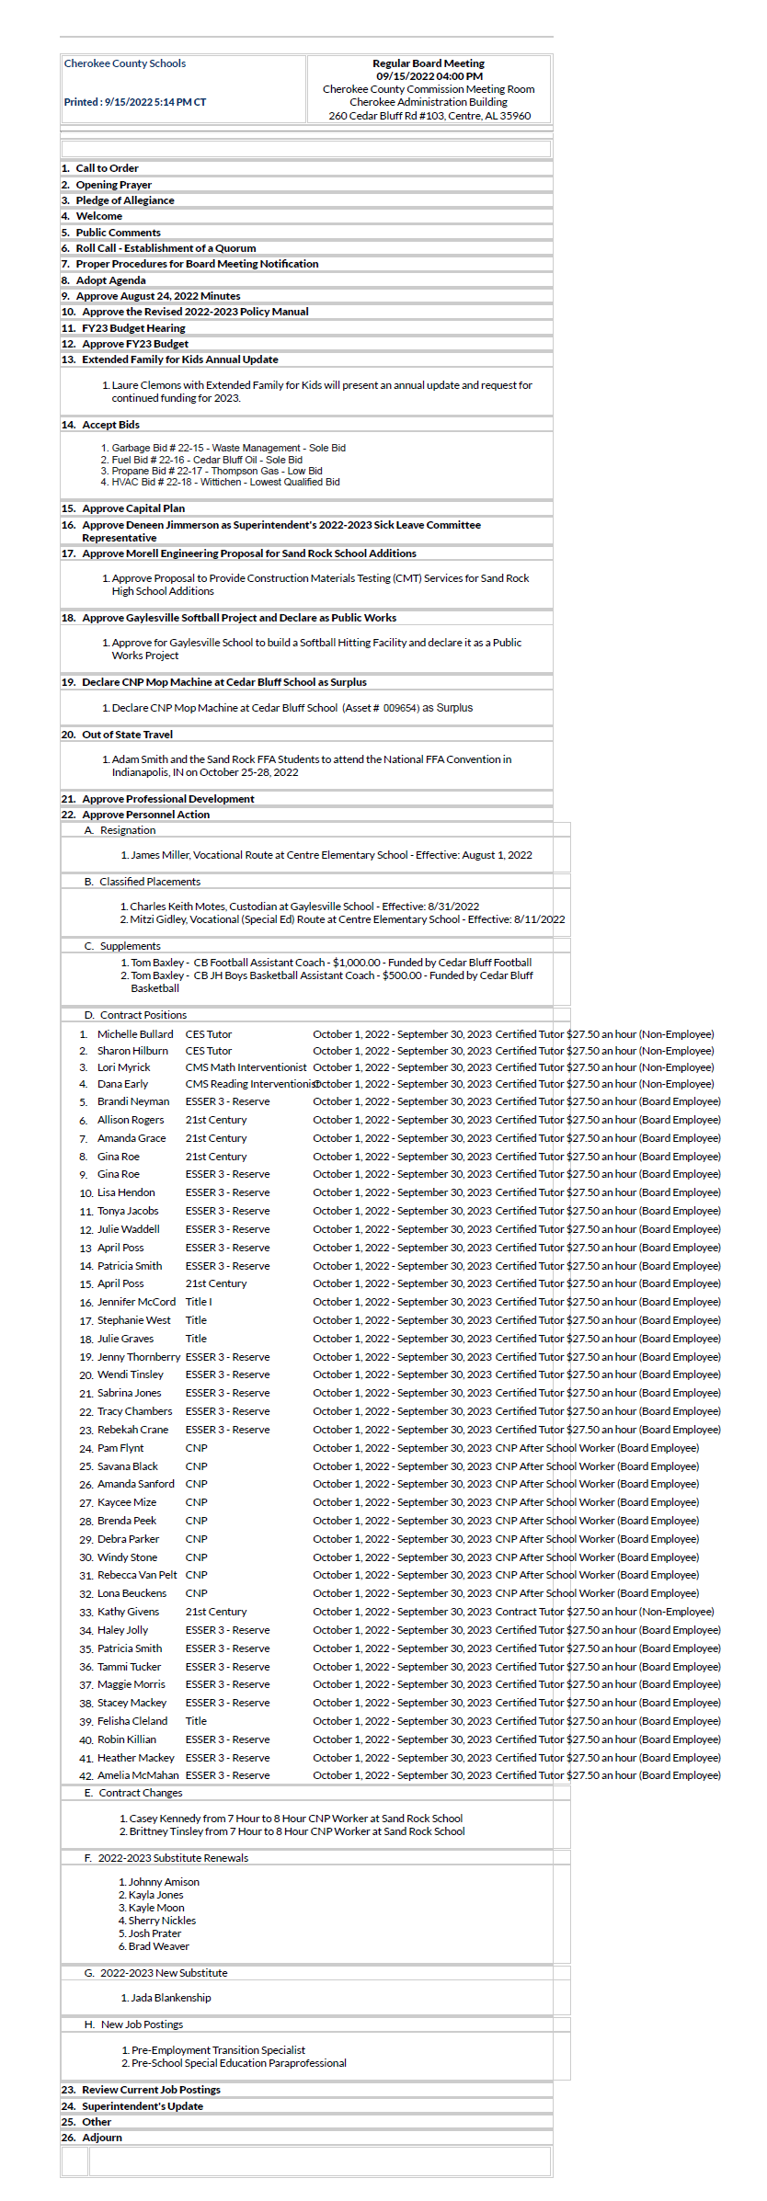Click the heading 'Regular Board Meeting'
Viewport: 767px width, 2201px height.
tap(428, 63)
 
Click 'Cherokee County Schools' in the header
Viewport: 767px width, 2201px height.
tap(125, 63)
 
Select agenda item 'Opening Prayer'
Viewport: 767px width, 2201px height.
tap(113, 185)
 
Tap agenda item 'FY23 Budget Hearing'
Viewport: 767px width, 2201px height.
tap(133, 328)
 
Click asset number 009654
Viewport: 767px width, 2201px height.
tap(401, 708)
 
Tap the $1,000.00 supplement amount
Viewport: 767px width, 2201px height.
tap(356, 963)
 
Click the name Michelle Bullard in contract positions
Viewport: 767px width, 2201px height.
tap(135, 1034)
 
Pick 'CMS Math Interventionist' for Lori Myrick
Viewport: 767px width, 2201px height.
tap(246, 1067)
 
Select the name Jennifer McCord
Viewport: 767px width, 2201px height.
tap(136, 1302)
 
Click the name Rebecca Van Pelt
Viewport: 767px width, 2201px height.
tap(137, 1575)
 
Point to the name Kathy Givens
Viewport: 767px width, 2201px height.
tap(128, 1612)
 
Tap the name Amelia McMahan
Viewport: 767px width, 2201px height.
tap(138, 1775)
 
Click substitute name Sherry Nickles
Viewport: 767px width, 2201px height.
tap(162, 1921)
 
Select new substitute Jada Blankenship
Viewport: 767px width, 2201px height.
tap(170, 1998)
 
